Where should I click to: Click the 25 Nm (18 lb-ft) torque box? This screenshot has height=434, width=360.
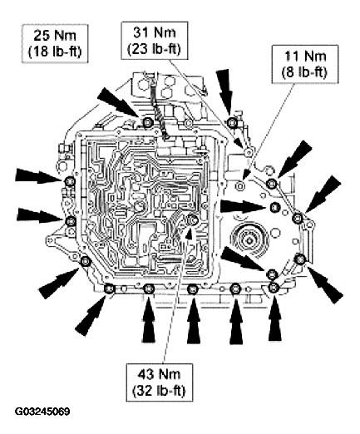[55, 43]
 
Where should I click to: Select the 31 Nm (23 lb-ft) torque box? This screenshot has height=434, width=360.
[155, 41]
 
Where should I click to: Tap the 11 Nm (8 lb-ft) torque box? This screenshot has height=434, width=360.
[305, 64]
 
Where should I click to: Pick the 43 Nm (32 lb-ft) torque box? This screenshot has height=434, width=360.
[159, 382]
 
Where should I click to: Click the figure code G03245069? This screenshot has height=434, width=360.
[42, 412]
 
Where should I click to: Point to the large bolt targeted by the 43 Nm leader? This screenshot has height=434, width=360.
[192, 219]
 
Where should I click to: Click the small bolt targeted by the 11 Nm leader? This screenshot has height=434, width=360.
[240, 184]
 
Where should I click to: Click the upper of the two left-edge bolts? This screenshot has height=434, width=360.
[69, 182]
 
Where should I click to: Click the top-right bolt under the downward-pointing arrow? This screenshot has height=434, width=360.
[231, 121]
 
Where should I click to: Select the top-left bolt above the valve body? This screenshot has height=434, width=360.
[147, 122]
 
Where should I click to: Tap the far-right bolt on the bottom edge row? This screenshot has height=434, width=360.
[274, 287]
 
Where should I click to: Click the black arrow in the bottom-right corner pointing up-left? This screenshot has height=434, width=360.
[325, 284]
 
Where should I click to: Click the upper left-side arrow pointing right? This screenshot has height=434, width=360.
[38, 176]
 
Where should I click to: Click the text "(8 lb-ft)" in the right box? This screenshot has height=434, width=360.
[304, 72]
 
